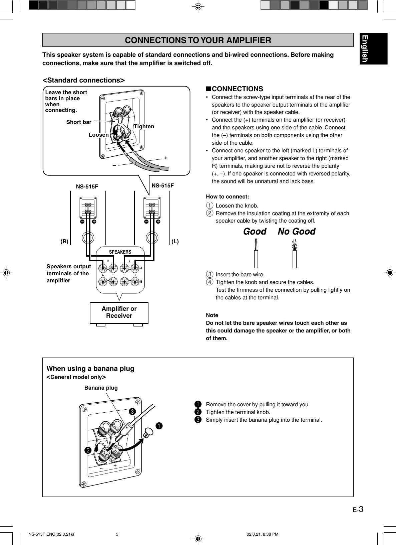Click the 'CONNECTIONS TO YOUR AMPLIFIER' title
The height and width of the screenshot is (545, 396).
(x=198, y=40)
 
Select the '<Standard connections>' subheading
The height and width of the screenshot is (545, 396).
(x=83, y=80)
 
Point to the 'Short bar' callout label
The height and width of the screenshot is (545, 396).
(x=79, y=122)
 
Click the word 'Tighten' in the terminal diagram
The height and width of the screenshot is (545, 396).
(x=144, y=127)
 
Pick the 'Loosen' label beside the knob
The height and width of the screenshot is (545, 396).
(x=99, y=135)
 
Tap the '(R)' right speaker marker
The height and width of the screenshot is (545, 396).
(x=64, y=241)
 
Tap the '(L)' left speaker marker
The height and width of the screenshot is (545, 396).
(x=175, y=241)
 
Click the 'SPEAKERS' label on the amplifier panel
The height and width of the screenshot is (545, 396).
(x=120, y=252)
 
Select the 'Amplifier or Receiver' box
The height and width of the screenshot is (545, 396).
(x=119, y=312)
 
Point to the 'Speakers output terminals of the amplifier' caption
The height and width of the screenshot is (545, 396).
(x=69, y=273)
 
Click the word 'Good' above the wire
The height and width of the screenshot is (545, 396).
(x=255, y=232)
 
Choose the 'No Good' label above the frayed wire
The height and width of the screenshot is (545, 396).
(x=297, y=232)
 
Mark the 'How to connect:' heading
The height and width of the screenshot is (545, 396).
(x=228, y=196)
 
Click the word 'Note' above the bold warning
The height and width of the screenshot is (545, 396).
(x=212, y=315)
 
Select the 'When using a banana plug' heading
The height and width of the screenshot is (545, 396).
(x=90, y=369)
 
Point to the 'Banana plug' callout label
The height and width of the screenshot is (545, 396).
(x=101, y=388)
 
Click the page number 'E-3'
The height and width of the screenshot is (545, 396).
(x=358, y=510)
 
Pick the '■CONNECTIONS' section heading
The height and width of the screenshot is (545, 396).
(x=235, y=89)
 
